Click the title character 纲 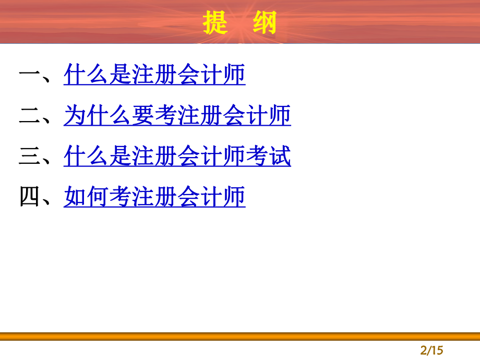[263, 23]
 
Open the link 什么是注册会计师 [154, 75]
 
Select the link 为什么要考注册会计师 [177, 116]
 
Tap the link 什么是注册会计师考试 [177, 157]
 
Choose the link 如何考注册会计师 [154, 197]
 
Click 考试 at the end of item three [268, 157]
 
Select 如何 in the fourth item [87, 197]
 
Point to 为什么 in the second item [98, 116]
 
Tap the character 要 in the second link [143, 116]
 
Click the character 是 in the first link [121, 75]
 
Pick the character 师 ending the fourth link [234, 197]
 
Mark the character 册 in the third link [166, 157]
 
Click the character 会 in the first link [189, 75]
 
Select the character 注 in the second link [189, 116]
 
